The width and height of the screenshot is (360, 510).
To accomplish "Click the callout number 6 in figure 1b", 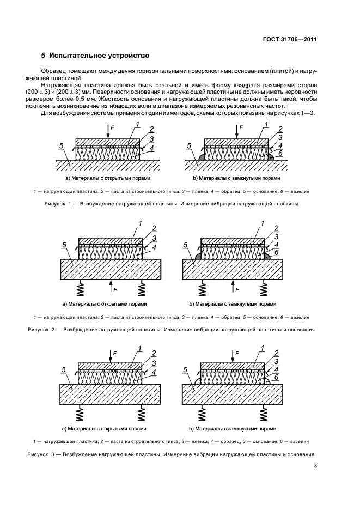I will [x=280, y=154].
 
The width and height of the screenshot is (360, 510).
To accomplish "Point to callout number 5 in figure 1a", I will [x=62, y=146].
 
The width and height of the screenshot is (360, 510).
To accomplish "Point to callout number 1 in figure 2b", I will [x=263, y=223].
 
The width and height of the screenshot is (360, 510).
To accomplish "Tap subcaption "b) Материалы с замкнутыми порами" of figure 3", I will [x=233, y=429].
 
